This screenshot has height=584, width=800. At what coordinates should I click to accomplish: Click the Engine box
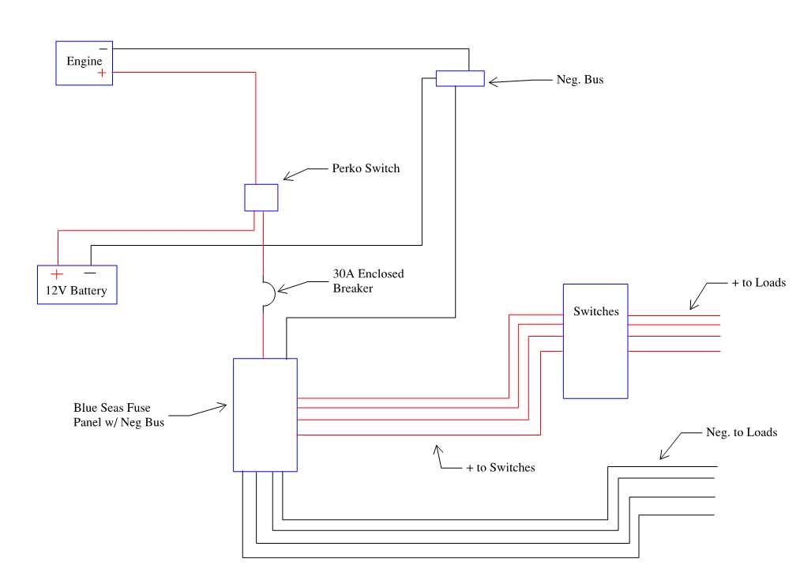pos(83,62)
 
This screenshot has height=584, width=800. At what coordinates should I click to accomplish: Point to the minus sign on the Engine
pos(103,48)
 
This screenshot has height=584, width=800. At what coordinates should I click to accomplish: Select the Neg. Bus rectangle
pos(460,77)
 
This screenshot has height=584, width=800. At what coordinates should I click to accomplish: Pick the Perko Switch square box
pos(261,197)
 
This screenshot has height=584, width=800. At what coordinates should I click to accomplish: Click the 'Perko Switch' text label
pos(366,168)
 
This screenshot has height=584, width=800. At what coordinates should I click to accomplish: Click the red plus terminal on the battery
pos(57,273)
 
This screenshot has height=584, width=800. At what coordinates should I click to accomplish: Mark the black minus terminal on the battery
pos(89,273)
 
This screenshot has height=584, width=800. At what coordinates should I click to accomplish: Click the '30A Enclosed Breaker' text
pos(367,281)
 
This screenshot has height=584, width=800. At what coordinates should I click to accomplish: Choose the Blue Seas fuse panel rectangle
pos(265,414)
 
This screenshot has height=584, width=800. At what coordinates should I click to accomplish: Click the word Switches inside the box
pos(595,311)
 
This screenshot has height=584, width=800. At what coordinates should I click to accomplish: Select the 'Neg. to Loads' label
pos(740,432)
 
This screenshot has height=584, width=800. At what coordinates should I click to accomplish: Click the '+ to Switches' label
pos(500,468)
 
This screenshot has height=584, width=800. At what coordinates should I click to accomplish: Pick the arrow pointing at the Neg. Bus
pos(513,81)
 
